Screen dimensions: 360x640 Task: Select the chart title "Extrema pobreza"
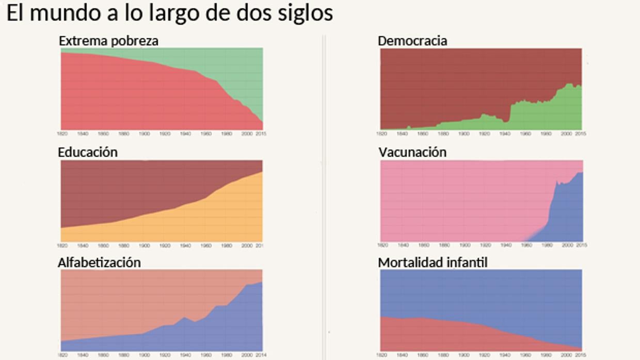point(108,41)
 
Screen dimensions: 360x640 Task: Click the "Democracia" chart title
point(412,41)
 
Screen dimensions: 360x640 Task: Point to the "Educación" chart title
point(88,152)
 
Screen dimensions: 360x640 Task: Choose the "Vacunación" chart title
point(412,152)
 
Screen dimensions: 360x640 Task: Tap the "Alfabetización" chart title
point(99,263)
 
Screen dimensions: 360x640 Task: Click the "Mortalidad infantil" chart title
point(433,263)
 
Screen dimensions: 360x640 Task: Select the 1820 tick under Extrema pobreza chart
point(62,134)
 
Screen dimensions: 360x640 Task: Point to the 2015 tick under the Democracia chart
point(581,134)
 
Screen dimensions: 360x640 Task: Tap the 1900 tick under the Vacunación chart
point(464,246)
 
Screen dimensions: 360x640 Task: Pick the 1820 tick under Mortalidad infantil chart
point(382,355)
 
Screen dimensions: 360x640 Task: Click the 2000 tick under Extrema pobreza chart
point(247,134)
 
